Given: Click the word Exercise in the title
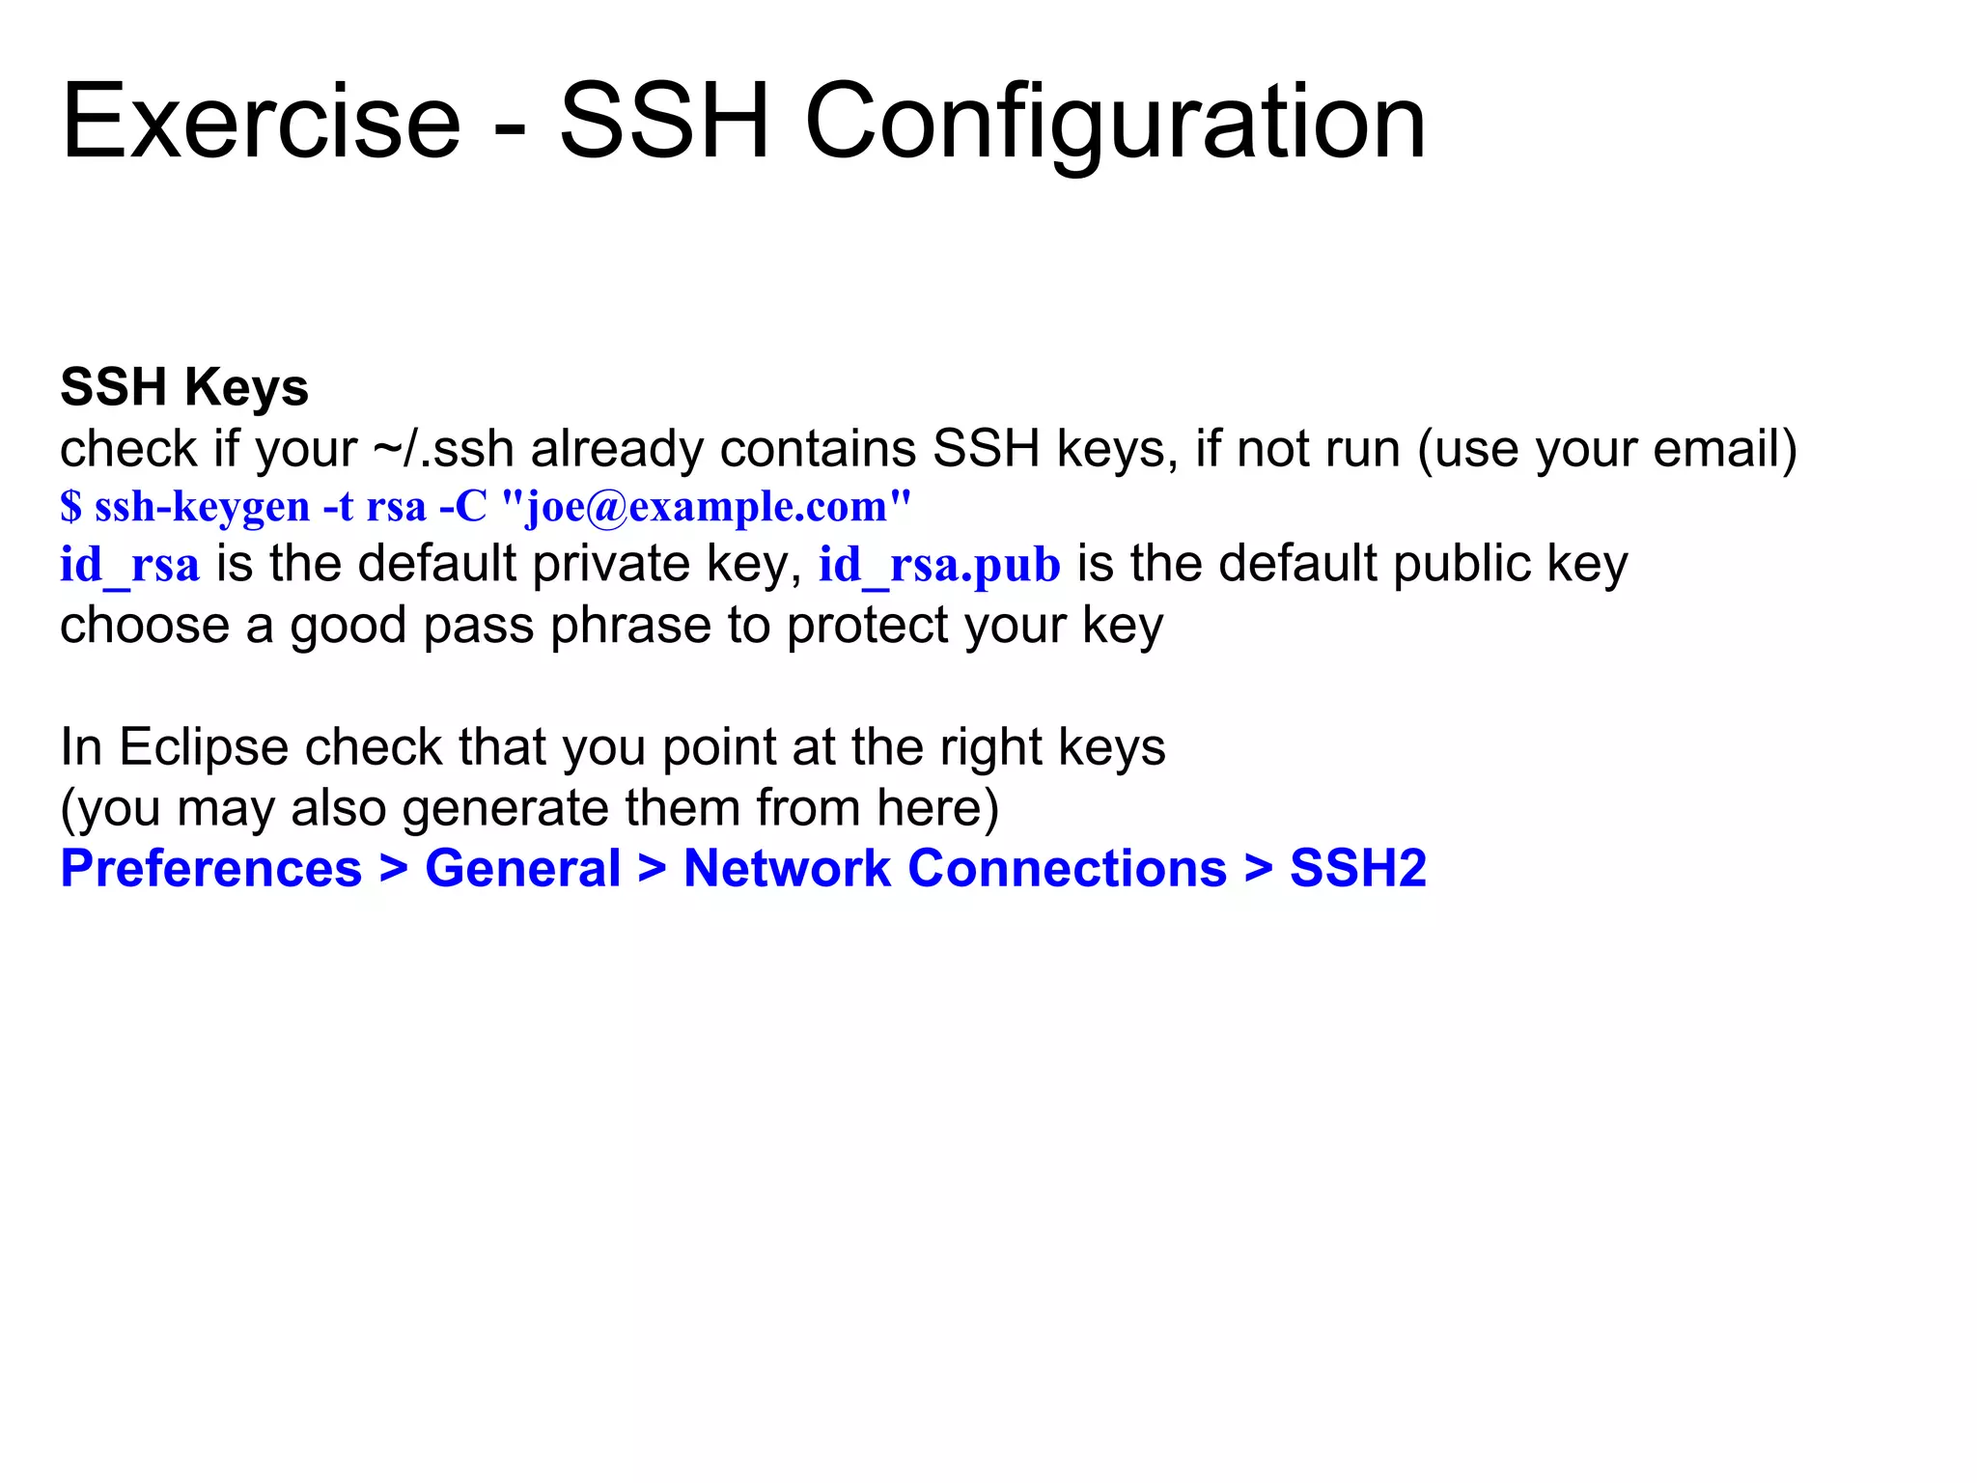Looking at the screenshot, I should (x=261, y=124).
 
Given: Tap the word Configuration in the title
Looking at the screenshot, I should (x=1115, y=124).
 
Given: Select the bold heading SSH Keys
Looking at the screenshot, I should (x=183, y=388).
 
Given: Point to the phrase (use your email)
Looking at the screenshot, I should (x=1607, y=450).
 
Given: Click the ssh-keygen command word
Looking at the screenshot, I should (x=202, y=507).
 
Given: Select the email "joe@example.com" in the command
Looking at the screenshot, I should (x=707, y=507).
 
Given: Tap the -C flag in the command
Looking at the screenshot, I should (x=462, y=507).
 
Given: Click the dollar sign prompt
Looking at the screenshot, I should (x=70, y=507).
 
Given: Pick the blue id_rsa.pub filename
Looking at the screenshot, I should (x=939, y=565).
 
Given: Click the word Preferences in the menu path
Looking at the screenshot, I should (x=210, y=869).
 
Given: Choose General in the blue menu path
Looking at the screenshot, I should (x=522, y=869).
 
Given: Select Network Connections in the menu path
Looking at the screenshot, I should (x=955, y=869).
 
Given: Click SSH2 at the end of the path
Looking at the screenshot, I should (x=1357, y=869).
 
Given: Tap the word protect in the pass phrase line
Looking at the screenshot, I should (x=867, y=627).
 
